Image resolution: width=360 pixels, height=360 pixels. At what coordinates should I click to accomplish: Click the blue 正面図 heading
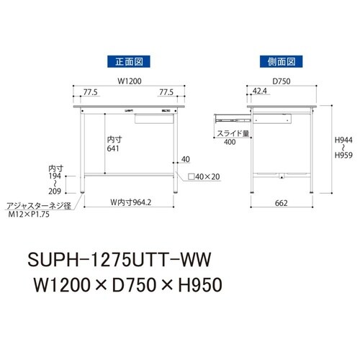coord(126,62)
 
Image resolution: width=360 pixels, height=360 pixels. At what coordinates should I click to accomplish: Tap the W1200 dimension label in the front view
coord(126,81)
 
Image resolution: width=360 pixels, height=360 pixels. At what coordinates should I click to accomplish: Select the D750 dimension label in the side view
coord(280,81)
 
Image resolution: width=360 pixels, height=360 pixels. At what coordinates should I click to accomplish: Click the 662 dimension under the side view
coord(281,203)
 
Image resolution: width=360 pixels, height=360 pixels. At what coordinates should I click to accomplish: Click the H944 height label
coord(345,143)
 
